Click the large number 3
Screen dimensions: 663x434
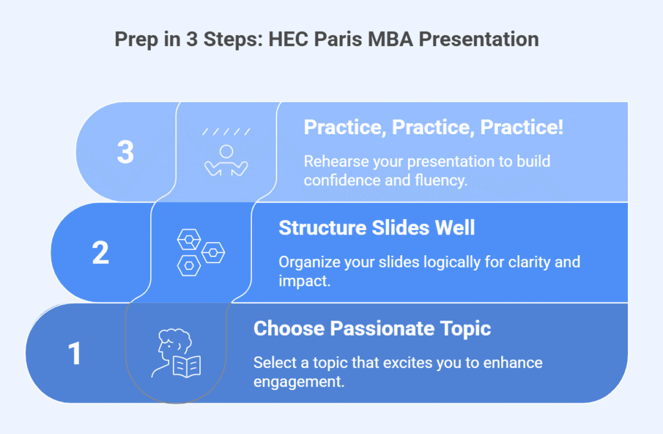click(126, 152)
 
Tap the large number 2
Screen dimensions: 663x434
click(100, 253)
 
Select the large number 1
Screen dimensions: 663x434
click(75, 353)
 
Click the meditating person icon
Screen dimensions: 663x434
click(226, 153)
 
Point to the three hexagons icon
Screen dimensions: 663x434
click(201, 253)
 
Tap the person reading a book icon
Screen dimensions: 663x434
click(176, 353)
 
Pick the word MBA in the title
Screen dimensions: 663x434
click(390, 40)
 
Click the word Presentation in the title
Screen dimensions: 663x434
click(478, 40)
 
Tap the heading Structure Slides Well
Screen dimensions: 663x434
click(377, 227)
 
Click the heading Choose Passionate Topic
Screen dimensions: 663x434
click(372, 328)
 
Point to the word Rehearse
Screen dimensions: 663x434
click(332, 161)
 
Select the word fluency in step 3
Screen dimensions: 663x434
click(441, 181)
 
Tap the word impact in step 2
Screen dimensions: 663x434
click(304, 281)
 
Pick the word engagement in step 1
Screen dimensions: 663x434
click(299, 382)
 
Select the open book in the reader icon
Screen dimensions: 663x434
click(187, 367)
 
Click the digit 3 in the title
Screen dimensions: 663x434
click(192, 40)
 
